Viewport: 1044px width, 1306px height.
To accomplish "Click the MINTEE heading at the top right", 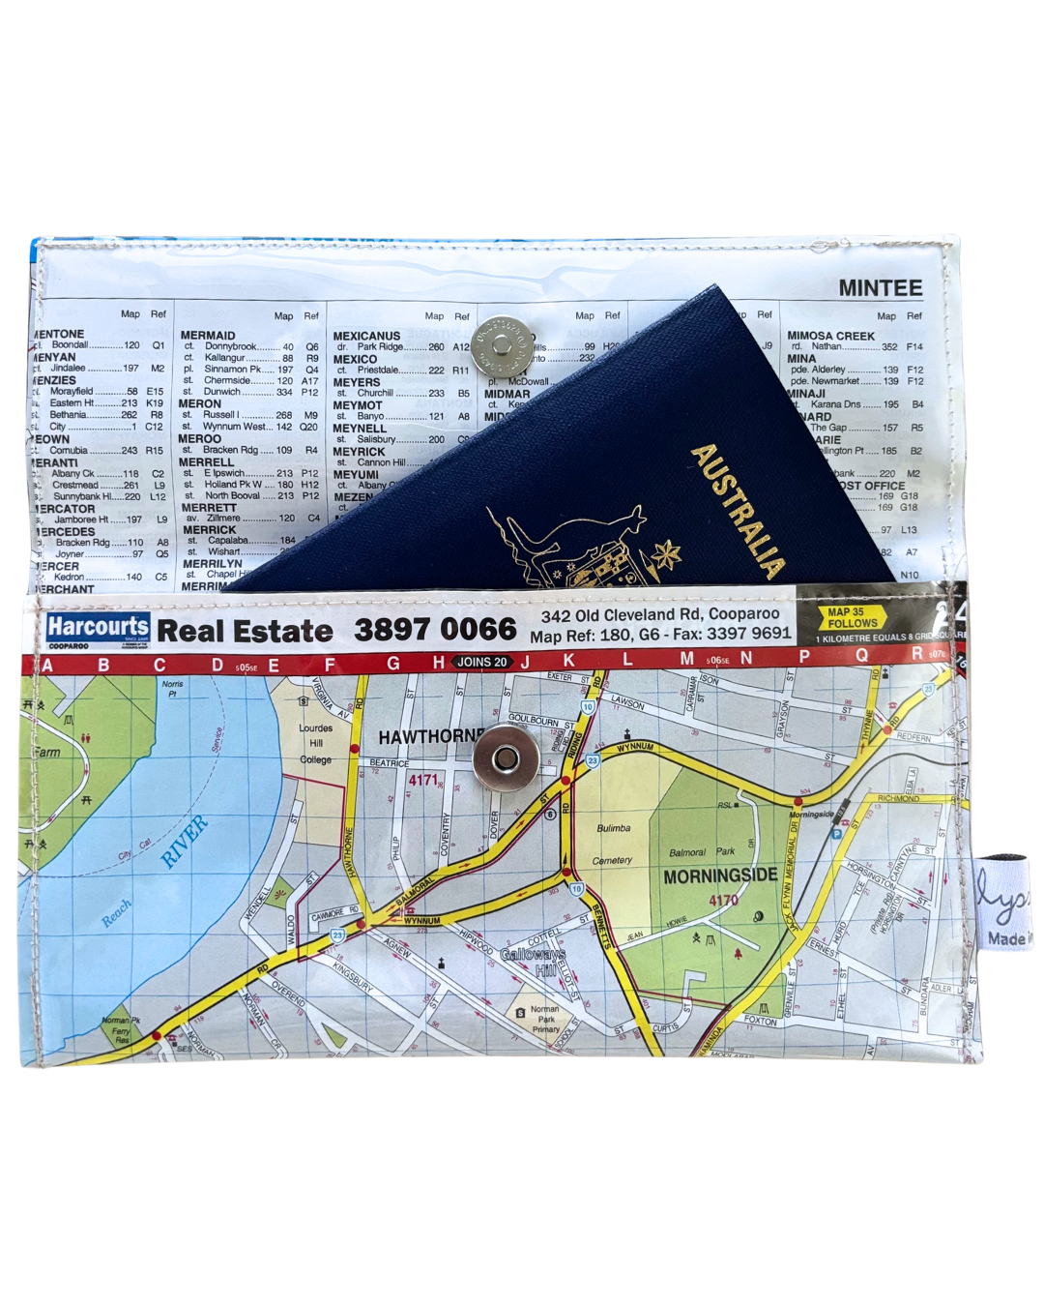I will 880,288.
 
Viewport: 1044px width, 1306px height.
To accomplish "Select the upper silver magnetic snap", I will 501,346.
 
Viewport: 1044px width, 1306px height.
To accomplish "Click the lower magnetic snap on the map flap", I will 505,760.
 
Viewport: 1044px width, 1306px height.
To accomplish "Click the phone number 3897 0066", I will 435,630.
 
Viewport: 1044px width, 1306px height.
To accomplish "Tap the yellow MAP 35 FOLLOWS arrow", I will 851,618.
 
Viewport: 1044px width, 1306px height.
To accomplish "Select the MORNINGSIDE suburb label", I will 719,876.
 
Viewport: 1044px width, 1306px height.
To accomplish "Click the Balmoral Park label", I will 702,852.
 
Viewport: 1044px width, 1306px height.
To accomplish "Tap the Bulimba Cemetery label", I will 613,844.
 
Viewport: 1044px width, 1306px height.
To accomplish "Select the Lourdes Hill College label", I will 316,743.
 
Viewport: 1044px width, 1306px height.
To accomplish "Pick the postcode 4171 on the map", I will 423,780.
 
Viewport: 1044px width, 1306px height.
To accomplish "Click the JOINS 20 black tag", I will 482,662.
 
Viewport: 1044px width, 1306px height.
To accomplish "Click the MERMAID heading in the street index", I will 208,336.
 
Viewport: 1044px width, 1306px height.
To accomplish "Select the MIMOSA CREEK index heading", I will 830,336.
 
